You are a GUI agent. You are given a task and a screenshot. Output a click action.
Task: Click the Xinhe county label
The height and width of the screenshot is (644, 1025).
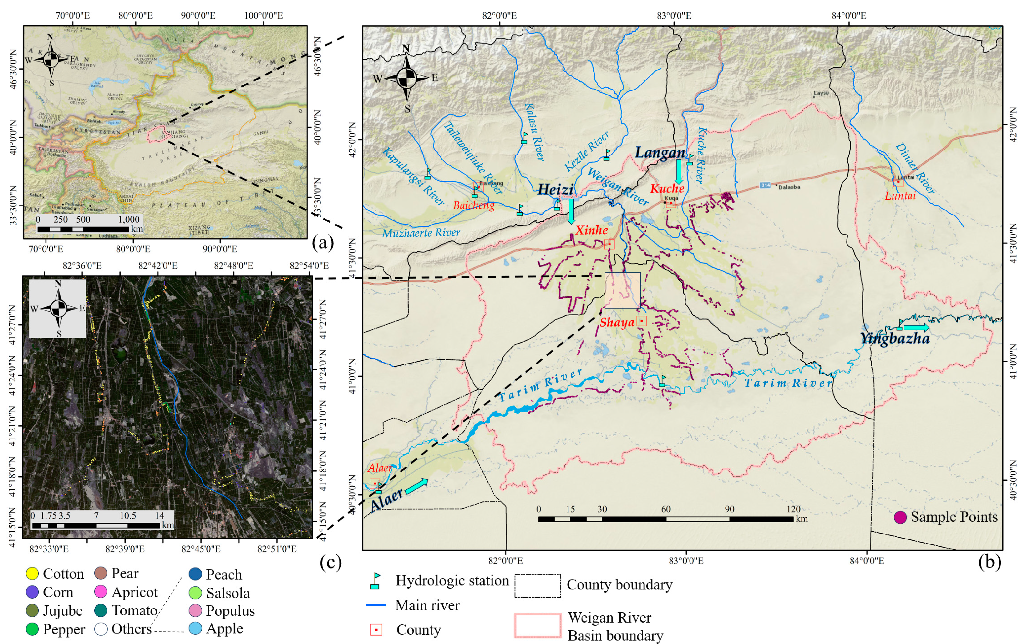coord(591,230)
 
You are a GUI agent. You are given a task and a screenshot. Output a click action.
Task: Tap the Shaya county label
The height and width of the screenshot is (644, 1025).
coord(617,322)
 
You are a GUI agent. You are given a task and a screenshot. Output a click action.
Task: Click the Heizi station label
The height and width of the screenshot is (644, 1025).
coord(555,189)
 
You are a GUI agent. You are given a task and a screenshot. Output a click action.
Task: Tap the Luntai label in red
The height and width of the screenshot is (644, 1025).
coord(900,196)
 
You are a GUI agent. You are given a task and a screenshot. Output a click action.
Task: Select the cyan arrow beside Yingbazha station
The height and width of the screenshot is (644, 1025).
coord(916,328)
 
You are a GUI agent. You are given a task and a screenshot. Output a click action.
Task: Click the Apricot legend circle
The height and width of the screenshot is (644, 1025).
coord(101,592)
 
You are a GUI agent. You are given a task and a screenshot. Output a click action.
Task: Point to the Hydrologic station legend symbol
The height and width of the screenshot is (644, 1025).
coord(375,581)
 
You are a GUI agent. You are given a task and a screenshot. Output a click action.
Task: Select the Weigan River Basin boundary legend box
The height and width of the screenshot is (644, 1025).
coord(537,625)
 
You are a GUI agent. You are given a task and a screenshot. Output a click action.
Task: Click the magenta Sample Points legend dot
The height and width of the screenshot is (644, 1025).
coord(900,517)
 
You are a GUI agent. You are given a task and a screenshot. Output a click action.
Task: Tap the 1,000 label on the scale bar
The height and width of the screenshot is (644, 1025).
coord(129,220)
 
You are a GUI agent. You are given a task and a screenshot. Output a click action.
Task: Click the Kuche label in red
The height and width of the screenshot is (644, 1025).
coord(667,188)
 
